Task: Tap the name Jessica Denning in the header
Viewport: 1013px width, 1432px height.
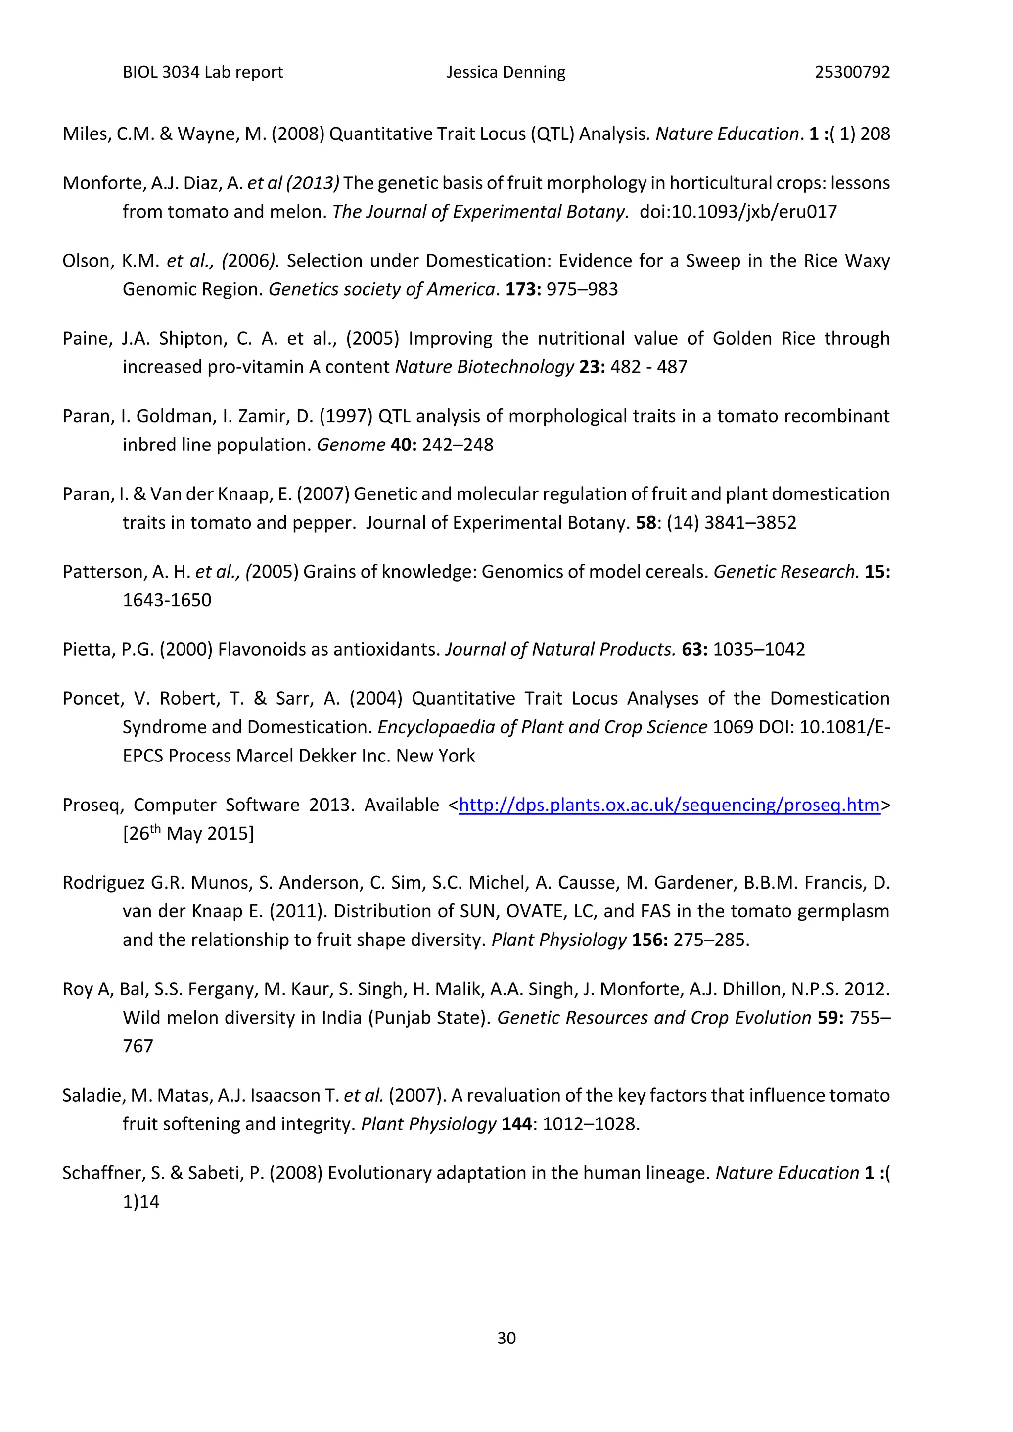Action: (x=506, y=72)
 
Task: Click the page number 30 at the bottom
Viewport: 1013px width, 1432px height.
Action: (x=506, y=1338)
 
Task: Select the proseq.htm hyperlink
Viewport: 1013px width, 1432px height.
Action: (x=669, y=805)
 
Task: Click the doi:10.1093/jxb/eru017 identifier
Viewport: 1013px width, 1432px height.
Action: (x=738, y=212)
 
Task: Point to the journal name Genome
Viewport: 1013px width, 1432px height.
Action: (x=351, y=445)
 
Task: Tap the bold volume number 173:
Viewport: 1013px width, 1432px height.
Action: (x=523, y=289)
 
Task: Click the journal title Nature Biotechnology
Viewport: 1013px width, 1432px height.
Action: (x=484, y=367)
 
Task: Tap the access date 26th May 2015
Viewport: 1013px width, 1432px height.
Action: (x=188, y=834)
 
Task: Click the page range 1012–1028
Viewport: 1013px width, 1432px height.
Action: (x=590, y=1124)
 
